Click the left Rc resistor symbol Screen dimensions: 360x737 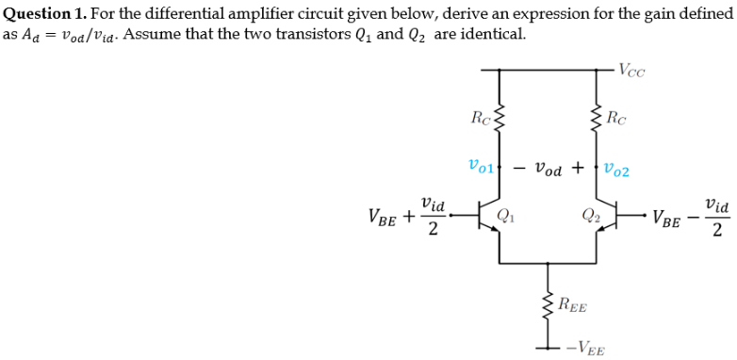(x=499, y=120)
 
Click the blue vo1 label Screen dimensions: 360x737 (x=481, y=170)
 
